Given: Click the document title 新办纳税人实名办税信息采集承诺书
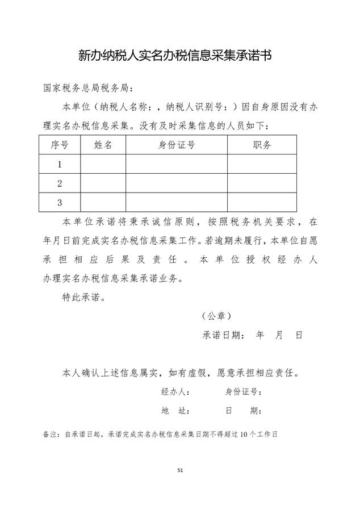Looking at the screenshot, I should coord(175,55).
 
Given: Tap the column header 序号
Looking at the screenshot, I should coord(60,145).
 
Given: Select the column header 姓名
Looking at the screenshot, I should coord(103,145).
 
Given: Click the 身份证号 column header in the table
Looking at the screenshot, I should coord(177,145).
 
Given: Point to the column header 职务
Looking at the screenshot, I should coord(262,145).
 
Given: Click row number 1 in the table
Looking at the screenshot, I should coord(60,164).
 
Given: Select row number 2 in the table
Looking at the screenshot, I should coord(60,183).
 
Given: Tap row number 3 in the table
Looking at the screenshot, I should coord(60,202).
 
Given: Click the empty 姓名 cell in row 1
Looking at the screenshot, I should coord(103,164).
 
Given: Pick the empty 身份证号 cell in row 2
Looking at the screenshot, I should coord(177,183).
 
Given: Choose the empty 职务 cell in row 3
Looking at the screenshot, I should coord(262,202).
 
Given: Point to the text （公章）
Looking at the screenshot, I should coord(216,316).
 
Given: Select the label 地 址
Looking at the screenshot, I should coord(175,411).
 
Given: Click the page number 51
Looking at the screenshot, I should coord(180,470).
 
